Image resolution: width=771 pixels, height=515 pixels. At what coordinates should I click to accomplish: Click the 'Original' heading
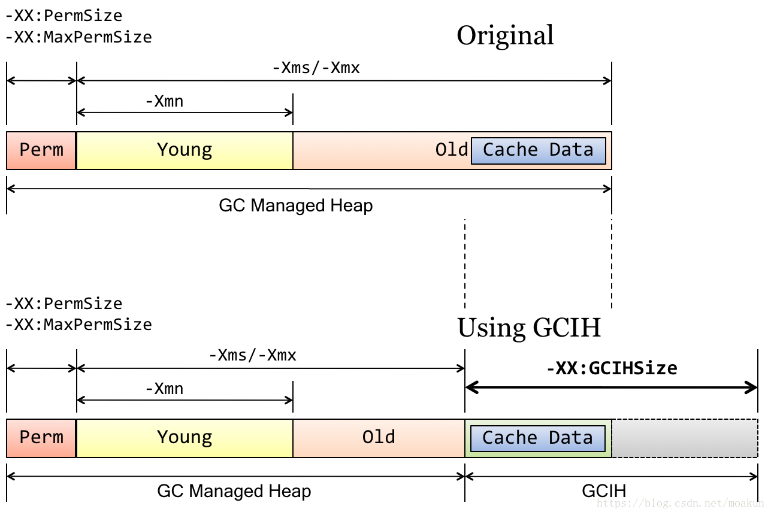(505, 35)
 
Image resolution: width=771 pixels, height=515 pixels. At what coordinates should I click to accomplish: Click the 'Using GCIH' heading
(529, 328)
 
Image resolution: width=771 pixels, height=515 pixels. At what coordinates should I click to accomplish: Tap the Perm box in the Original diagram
(41, 150)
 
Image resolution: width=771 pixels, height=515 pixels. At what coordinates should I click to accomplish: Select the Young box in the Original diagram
(185, 150)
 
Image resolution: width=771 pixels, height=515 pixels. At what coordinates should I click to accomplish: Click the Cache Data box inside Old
(539, 151)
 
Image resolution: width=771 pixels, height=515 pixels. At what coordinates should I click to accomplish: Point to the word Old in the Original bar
(452, 150)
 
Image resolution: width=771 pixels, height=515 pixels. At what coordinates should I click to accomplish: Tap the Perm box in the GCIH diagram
(41, 438)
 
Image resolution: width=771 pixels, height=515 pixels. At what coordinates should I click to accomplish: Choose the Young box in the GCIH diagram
(185, 438)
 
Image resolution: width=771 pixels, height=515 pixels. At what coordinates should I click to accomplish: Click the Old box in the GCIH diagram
(379, 438)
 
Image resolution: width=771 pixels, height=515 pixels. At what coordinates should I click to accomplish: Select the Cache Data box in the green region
(537, 438)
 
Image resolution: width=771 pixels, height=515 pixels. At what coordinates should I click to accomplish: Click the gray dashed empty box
(685, 438)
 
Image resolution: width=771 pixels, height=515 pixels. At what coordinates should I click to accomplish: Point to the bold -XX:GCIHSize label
(612, 368)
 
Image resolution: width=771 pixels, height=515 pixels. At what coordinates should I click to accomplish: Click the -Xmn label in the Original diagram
(165, 101)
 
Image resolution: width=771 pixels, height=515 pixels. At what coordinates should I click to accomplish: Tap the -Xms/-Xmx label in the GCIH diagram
(253, 355)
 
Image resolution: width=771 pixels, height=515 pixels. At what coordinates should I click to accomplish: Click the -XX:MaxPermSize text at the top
(79, 37)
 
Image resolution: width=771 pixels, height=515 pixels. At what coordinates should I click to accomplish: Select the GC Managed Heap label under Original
(296, 206)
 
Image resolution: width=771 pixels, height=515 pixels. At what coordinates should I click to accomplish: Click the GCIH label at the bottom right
(604, 491)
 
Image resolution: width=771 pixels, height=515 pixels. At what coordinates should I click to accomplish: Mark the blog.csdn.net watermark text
(680, 503)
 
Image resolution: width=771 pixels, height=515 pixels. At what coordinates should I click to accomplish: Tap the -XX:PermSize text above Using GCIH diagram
(64, 304)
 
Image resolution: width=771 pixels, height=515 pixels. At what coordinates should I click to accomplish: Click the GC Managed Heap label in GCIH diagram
(234, 491)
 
